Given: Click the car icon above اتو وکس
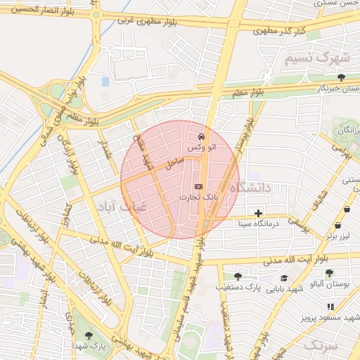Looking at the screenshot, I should (x=202, y=136).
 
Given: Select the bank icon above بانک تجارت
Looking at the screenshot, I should (x=198, y=186).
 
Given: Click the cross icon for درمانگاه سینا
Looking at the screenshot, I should (x=259, y=212).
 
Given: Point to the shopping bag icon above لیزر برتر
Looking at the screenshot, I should (x=338, y=226).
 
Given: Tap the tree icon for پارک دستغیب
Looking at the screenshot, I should (x=238, y=276).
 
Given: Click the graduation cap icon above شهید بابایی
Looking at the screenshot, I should (x=284, y=278).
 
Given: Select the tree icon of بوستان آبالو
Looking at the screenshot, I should (x=330, y=273).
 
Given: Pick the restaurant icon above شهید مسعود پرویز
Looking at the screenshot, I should (x=330, y=307).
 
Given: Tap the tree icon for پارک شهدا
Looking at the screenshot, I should (x=88, y=335).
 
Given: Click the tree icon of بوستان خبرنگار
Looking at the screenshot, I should (x=342, y=77).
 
